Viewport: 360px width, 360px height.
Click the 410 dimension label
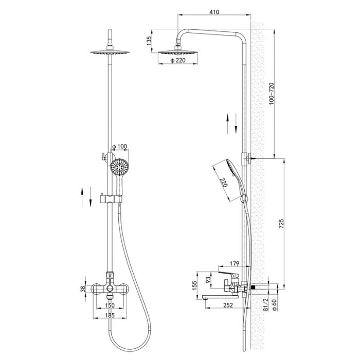[x=214, y=12]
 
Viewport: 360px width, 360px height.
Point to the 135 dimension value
[x=150, y=41]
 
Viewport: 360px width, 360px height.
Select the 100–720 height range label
[x=272, y=94]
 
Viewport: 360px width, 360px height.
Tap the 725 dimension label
[x=281, y=224]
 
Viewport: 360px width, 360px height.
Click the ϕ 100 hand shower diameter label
[x=119, y=147]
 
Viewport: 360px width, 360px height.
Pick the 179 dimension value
[x=235, y=263]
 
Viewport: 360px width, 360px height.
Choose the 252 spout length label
[x=228, y=305]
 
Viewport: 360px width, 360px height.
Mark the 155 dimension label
[x=194, y=285]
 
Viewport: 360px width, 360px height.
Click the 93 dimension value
[x=208, y=280]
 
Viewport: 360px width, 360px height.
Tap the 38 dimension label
[x=83, y=289]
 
